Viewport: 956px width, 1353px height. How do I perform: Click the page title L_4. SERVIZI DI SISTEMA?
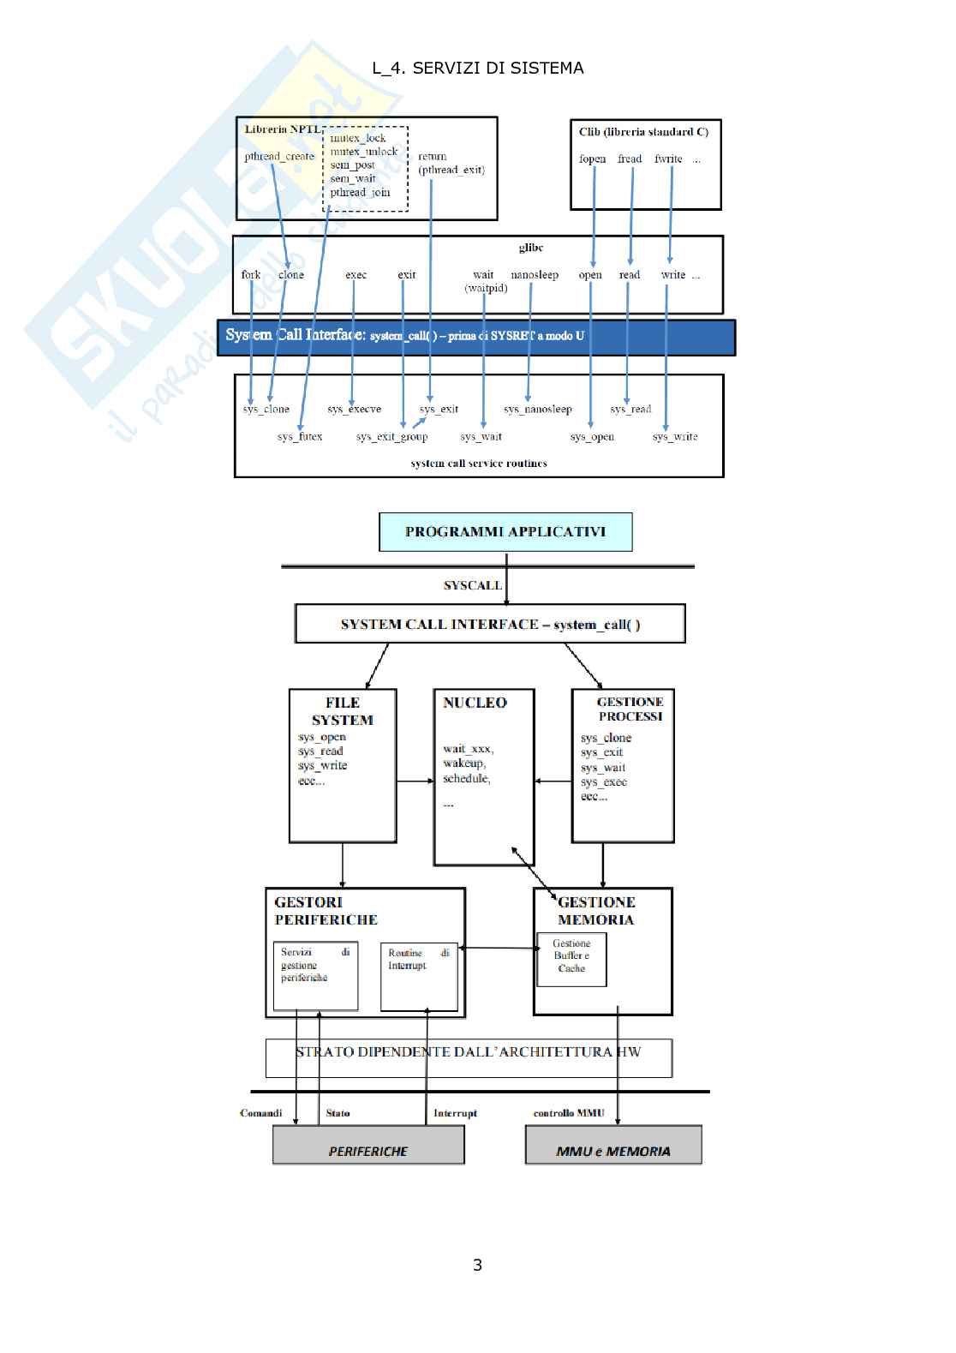pyautogui.click(x=477, y=69)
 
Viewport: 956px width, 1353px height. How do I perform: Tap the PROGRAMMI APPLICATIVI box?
pyautogui.click(x=505, y=532)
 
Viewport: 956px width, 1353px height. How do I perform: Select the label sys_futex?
pyautogui.click(x=300, y=437)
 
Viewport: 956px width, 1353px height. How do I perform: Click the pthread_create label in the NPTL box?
pyautogui.click(x=279, y=157)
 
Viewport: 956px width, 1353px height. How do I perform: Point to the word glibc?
pyautogui.click(x=531, y=248)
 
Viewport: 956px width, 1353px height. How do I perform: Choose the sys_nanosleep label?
pyautogui.click(x=538, y=410)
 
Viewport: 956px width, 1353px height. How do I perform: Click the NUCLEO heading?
pyautogui.click(x=475, y=703)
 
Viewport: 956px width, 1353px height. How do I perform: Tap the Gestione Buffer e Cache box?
pyautogui.click(x=571, y=958)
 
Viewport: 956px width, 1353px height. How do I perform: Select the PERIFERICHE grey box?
pyautogui.click(x=368, y=1146)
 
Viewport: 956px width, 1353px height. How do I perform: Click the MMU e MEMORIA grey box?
pyautogui.click(x=613, y=1146)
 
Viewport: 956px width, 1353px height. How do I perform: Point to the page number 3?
pyautogui.click(x=477, y=1265)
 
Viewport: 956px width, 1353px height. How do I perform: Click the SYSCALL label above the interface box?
pyautogui.click(x=472, y=586)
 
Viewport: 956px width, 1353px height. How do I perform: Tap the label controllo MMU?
pyautogui.click(x=569, y=1113)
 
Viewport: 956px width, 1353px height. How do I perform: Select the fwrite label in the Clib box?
pyautogui.click(x=668, y=159)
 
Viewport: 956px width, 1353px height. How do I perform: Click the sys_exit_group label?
pyautogui.click(x=392, y=437)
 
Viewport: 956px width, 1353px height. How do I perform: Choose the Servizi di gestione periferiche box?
pyautogui.click(x=315, y=977)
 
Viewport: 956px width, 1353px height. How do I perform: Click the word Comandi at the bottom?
pyautogui.click(x=261, y=1113)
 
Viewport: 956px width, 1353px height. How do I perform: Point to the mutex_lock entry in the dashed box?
pyautogui.click(x=358, y=138)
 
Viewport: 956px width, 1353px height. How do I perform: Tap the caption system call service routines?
pyautogui.click(x=479, y=464)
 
